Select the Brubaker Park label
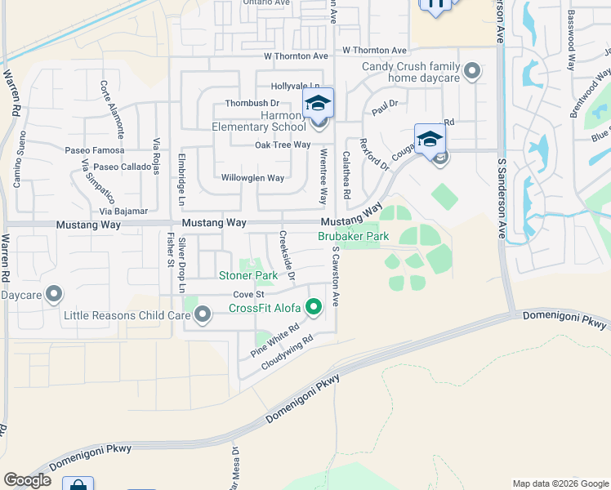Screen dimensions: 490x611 (353, 236)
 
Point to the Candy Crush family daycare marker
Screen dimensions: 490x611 (471, 73)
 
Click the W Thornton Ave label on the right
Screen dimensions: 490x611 (374, 50)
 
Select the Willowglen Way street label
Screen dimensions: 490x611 (252, 178)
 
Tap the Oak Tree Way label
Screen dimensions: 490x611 (283, 145)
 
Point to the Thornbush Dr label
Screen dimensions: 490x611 (252, 104)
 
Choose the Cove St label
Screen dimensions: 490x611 (249, 294)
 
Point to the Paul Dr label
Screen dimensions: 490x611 (384, 104)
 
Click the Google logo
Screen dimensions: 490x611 (28, 481)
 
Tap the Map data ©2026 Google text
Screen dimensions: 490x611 (560, 483)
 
